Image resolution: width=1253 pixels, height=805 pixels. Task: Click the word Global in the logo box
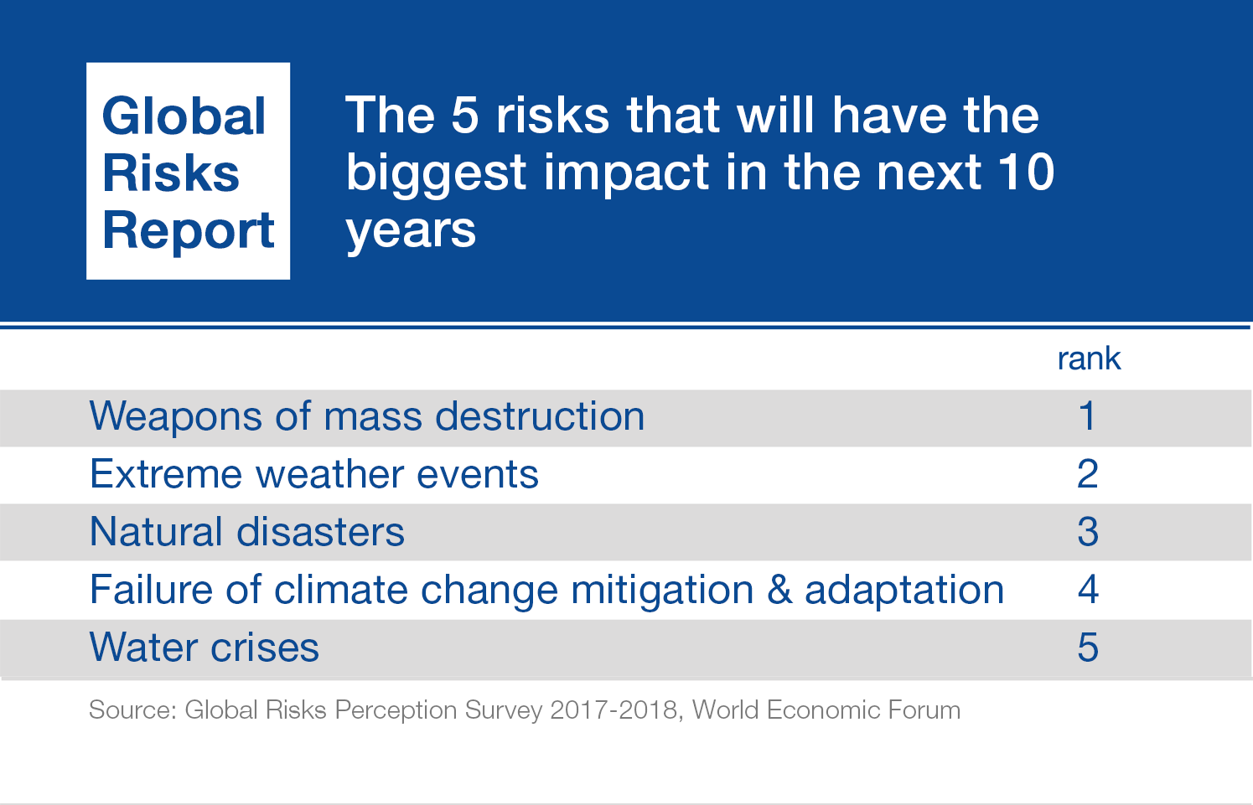pyautogui.click(x=184, y=116)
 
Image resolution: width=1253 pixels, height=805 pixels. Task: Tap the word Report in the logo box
pyautogui.click(x=189, y=230)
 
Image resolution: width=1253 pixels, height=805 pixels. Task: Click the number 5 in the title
pyautogui.click(x=465, y=115)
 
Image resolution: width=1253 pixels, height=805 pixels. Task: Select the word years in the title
pyautogui.click(x=411, y=230)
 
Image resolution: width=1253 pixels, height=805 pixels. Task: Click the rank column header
pyautogui.click(x=1089, y=359)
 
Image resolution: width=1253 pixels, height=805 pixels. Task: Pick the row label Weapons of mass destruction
pyautogui.click(x=367, y=416)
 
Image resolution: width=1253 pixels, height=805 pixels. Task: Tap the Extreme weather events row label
pyautogui.click(x=313, y=474)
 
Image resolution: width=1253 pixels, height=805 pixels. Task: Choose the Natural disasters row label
pyautogui.click(x=246, y=532)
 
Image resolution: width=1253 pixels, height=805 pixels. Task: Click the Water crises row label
pyautogui.click(x=204, y=648)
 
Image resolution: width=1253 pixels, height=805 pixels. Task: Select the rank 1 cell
pyautogui.click(x=1087, y=416)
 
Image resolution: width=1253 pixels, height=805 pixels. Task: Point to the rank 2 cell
pyautogui.click(x=1087, y=474)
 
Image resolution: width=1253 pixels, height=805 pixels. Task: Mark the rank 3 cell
pyautogui.click(x=1087, y=532)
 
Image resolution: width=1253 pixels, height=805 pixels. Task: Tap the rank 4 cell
pyautogui.click(x=1087, y=590)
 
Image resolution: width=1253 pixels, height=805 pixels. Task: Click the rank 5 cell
pyautogui.click(x=1087, y=648)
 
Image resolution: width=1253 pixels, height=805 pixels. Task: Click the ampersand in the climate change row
pyautogui.click(x=779, y=590)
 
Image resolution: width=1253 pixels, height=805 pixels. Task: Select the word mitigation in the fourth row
pyautogui.click(x=662, y=590)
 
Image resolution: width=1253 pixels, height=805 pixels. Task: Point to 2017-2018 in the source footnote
pyautogui.click(x=614, y=710)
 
